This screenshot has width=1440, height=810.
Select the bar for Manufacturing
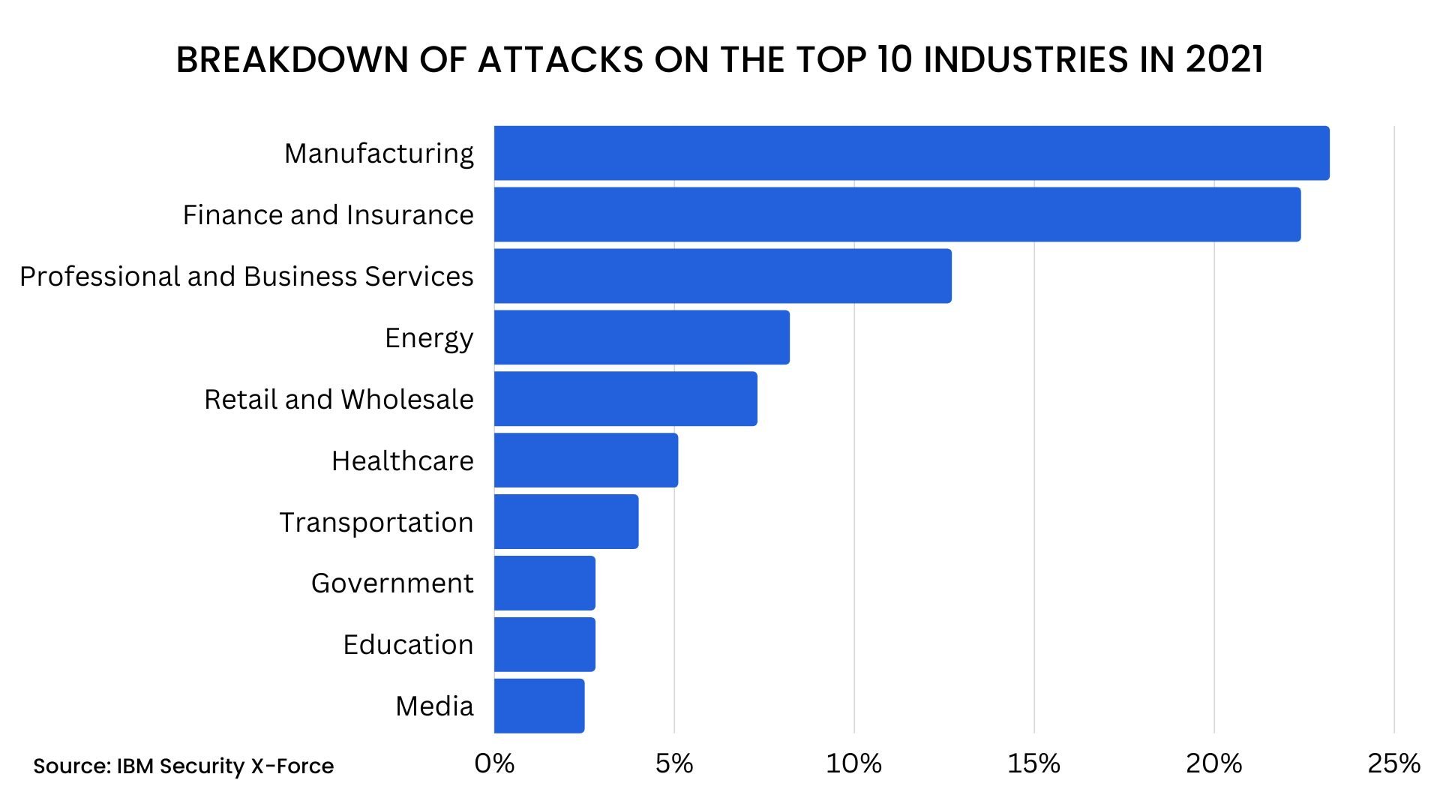(x=911, y=153)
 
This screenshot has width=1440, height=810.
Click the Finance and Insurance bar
(x=897, y=214)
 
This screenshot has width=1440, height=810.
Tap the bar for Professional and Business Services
(x=722, y=276)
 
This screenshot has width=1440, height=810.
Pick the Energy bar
(x=641, y=337)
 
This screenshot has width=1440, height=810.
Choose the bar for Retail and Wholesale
(x=625, y=399)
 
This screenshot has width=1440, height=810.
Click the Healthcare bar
(x=586, y=460)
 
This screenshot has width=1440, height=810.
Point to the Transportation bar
(x=566, y=522)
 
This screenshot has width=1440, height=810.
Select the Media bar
(x=539, y=706)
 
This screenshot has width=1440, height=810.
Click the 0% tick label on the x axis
(x=494, y=764)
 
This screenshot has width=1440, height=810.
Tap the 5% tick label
(x=673, y=764)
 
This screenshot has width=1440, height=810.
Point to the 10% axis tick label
(x=853, y=764)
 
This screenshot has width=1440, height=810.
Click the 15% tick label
(x=1033, y=764)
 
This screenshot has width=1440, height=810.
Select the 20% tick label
(x=1213, y=764)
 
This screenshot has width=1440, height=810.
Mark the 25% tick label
(x=1393, y=764)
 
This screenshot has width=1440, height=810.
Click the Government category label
(x=392, y=583)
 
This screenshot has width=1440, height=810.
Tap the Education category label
(x=408, y=645)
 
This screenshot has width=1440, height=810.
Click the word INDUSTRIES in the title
(x=1025, y=60)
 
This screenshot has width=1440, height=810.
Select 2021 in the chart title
(x=1225, y=60)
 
